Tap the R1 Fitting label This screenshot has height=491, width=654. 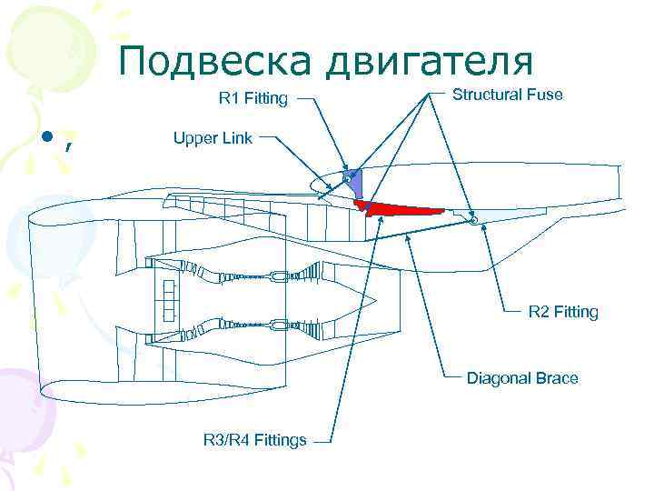[253, 98]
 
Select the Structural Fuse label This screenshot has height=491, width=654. [507, 95]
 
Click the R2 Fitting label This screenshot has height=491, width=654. [563, 312]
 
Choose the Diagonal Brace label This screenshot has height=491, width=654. [522, 377]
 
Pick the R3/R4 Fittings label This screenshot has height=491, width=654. [254, 441]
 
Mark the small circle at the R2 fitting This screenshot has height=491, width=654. [474, 219]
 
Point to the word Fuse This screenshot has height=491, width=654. [545, 95]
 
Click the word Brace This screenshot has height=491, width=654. [557, 377]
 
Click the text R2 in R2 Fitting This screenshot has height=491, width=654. [538, 312]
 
